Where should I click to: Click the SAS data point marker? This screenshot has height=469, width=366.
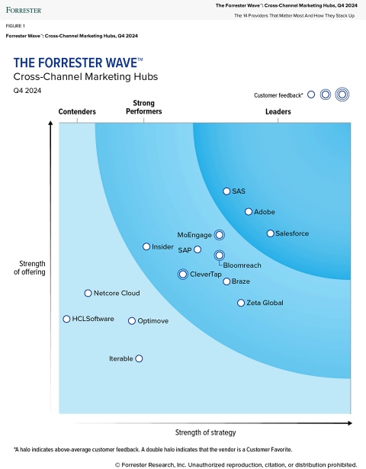point(226,191)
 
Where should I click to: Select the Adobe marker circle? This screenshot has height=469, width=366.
point(249,211)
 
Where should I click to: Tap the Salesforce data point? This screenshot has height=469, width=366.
point(270,233)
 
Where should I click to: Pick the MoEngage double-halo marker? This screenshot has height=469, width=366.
point(220,235)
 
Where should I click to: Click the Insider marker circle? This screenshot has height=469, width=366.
point(146,246)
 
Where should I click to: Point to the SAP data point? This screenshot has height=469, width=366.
point(197,249)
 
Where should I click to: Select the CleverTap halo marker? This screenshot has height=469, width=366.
point(183,274)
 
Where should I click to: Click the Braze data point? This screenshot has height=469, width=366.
point(226,281)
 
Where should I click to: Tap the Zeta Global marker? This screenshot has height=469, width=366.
point(241,303)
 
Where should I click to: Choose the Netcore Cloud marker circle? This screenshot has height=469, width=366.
point(88,293)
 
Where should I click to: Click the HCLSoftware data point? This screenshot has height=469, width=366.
point(66,319)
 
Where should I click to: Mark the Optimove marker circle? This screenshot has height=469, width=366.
point(132,321)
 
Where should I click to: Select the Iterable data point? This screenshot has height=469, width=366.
point(139,358)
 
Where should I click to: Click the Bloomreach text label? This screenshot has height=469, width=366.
point(242,265)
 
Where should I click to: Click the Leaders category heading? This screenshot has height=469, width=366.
point(278,112)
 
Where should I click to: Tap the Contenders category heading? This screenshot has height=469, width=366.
point(77,112)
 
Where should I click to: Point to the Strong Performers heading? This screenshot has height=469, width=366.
point(144,108)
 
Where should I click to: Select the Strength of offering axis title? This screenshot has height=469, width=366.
point(30,268)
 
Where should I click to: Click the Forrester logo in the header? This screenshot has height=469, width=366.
point(24,10)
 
